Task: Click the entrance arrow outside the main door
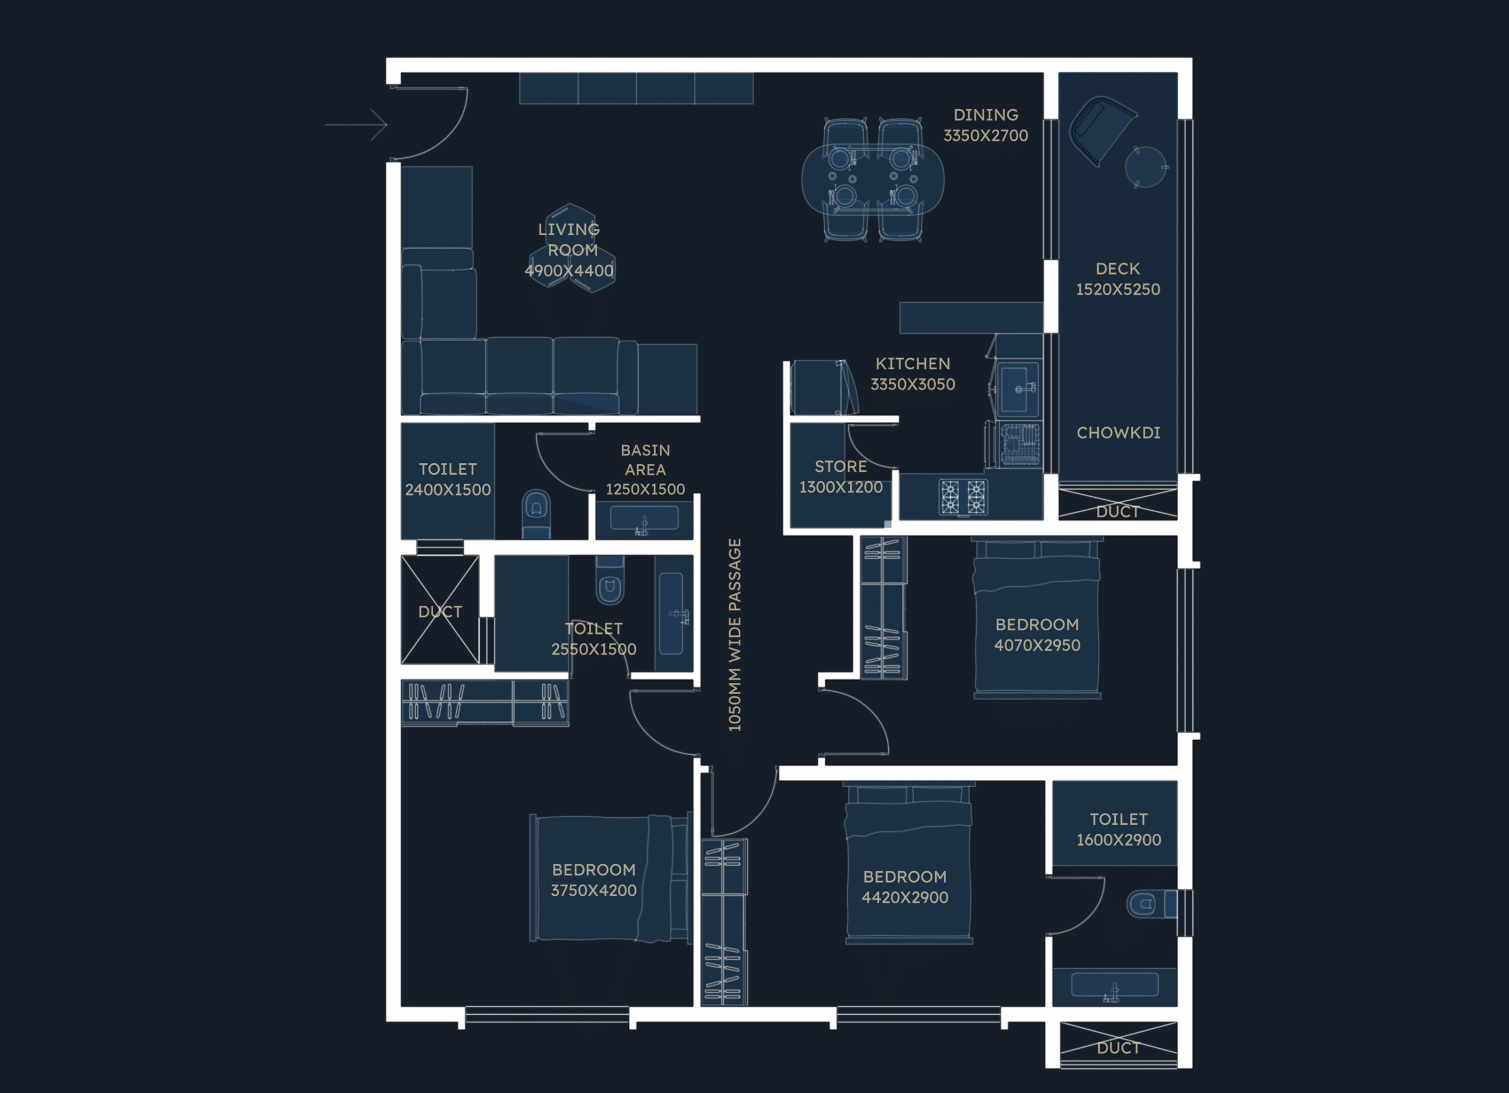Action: pyautogui.click(x=356, y=124)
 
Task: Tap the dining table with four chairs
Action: pyautogui.click(x=872, y=179)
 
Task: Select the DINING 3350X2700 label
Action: pyautogui.click(x=986, y=125)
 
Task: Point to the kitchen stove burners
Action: pyautogui.click(x=963, y=496)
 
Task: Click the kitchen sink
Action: pyautogui.click(x=1017, y=389)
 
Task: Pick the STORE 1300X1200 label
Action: pyautogui.click(x=841, y=476)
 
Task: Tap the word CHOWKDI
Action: pyautogui.click(x=1118, y=432)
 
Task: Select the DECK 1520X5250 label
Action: pyautogui.click(x=1118, y=279)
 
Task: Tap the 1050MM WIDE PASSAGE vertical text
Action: pyautogui.click(x=734, y=635)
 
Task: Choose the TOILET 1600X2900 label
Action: pyautogui.click(x=1118, y=829)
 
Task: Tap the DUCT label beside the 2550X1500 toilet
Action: pyautogui.click(x=440, y=612)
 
